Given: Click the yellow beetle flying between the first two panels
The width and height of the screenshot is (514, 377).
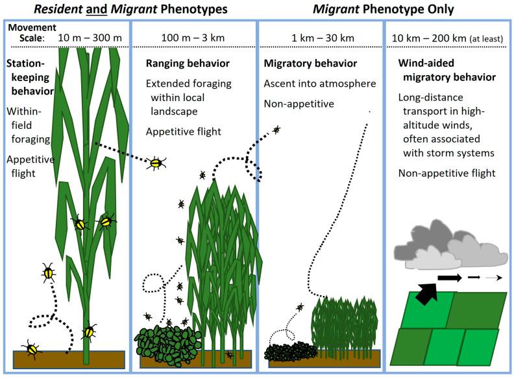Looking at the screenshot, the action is (x=156, y=164).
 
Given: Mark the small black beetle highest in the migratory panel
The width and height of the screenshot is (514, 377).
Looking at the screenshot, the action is (x=277, y=130).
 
